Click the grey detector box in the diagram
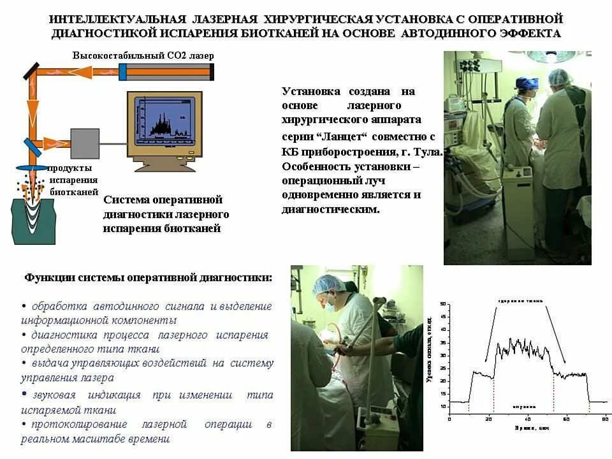click(85, 143)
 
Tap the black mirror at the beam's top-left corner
click(29, 70)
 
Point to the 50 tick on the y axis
click(444, 305)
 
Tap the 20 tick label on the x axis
click(488, 419)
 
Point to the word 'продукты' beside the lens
click(71, 168)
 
